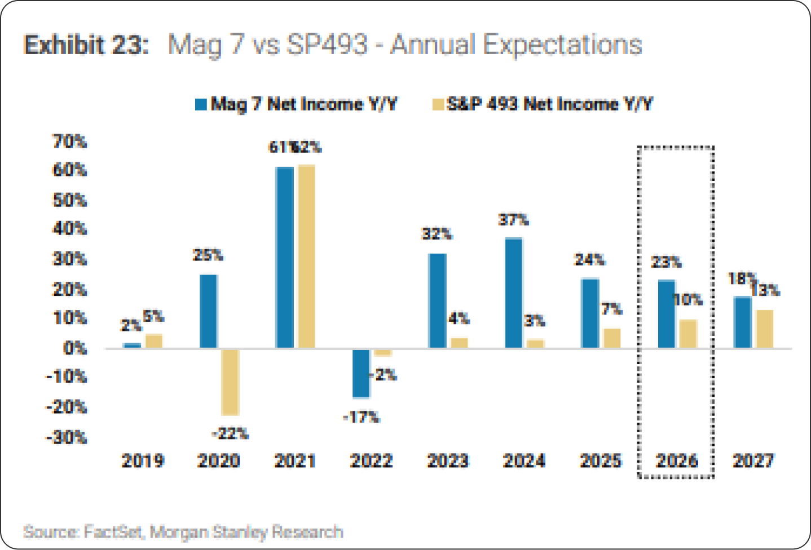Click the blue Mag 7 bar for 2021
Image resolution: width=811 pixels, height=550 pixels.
pyautogui.click(x=285, y=258)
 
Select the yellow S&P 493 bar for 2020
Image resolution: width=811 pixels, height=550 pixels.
pyautogui.click(x=230, y=382)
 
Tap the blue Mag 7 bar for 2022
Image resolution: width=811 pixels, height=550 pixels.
pyautogui.click(x=361, y=373)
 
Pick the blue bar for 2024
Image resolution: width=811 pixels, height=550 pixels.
pyautogui.click(x=514, y=293)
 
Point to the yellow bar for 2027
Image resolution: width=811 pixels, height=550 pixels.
pyautogui.click(x=764, y=329)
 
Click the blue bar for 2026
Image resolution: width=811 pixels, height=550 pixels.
pyautogui.click(x=667, y=314)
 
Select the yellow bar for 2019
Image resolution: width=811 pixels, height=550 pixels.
pyautogui.click(x=154, y=341)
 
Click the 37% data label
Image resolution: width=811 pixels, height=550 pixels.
pyautogui.click(x=513, y=220)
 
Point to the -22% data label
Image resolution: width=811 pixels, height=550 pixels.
pyautogui.click(x=230, y=433)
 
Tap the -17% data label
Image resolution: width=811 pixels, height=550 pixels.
pyautogui.click(x=362, y=417)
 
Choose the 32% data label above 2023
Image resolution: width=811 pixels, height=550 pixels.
pyautogui.click(x=437, y=234)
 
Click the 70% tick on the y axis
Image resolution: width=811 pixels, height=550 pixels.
pyautogui.click(x=70, y=141)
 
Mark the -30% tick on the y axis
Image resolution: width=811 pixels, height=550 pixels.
pyautogui.click(x=67, y=437)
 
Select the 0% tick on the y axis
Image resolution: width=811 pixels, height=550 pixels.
pyautogui.click(x=75, y=348)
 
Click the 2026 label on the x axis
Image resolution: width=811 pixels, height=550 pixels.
pyautogui.click(x=677, y=460)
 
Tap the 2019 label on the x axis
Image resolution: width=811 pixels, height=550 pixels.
pyautogui.click(x=143, y=460)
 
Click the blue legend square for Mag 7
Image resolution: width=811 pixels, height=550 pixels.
pyautogui.click(x=201, y=104)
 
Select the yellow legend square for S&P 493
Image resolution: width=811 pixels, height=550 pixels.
pyautogui.click(x=438, y=104)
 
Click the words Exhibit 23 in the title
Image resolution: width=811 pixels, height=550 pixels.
pyautogui.click(x=86, y=45)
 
